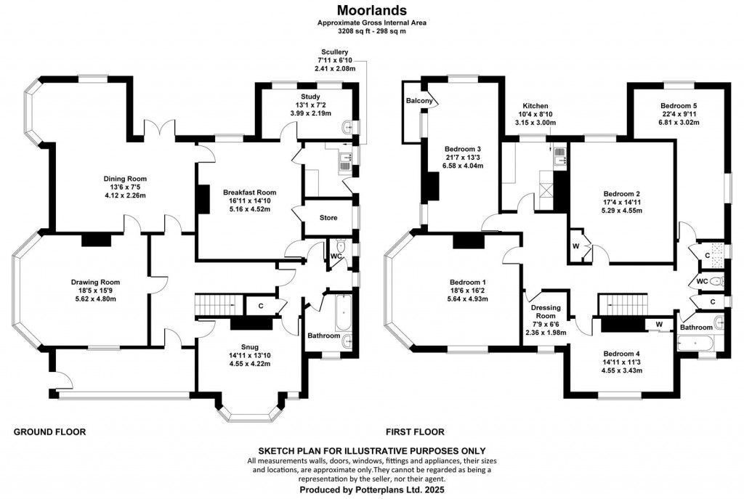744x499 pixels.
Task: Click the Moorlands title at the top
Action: coord(371,10)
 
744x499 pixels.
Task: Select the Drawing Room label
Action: coord(95,282)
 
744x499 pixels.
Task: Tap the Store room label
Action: coord(328,217)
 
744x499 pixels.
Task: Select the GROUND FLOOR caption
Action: coord(50,431)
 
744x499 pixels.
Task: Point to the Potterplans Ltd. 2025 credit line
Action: coord(371,490)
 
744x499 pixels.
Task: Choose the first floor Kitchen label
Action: coord(534,105)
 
